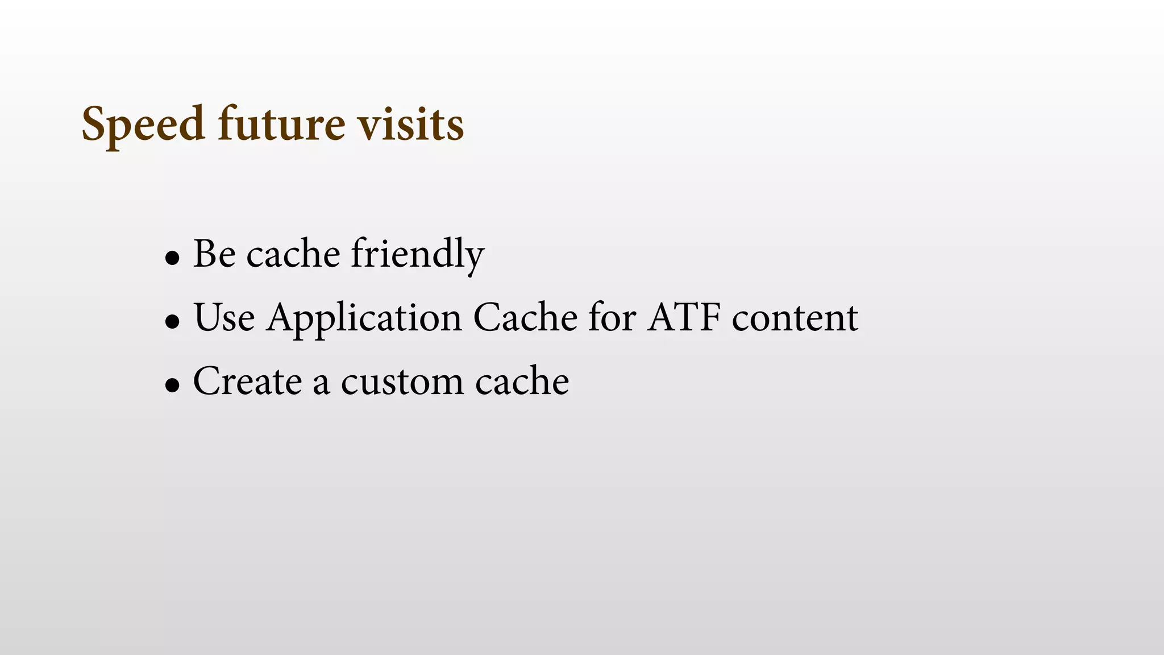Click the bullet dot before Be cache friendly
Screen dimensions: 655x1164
[172, 259]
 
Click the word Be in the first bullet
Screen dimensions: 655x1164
[214, 254]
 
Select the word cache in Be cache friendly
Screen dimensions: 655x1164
[293, 255]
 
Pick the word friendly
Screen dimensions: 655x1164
[417, 255]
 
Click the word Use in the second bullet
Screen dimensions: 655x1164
[224, 317]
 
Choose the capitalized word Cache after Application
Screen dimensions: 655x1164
[525, 317]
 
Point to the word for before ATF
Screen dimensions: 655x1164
[612, 317]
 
